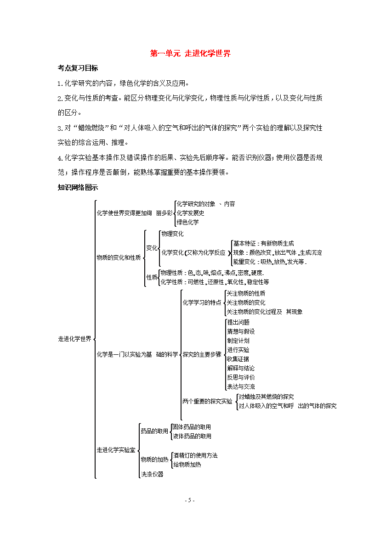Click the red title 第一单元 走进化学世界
190,53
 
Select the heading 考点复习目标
78,68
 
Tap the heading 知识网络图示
78,187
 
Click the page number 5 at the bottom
190,500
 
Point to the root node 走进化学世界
75,339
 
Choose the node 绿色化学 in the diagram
187,222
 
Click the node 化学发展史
190,213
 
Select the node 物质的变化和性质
119,257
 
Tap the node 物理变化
172,234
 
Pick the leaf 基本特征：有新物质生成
263,244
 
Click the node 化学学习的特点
202,303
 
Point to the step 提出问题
238,322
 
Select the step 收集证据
238,359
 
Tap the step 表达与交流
241,386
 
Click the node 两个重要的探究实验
208,402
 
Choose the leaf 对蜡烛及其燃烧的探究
266,397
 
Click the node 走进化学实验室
116,450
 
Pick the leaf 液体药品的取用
192,436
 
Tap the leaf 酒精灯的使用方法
195,455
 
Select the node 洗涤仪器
152,474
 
